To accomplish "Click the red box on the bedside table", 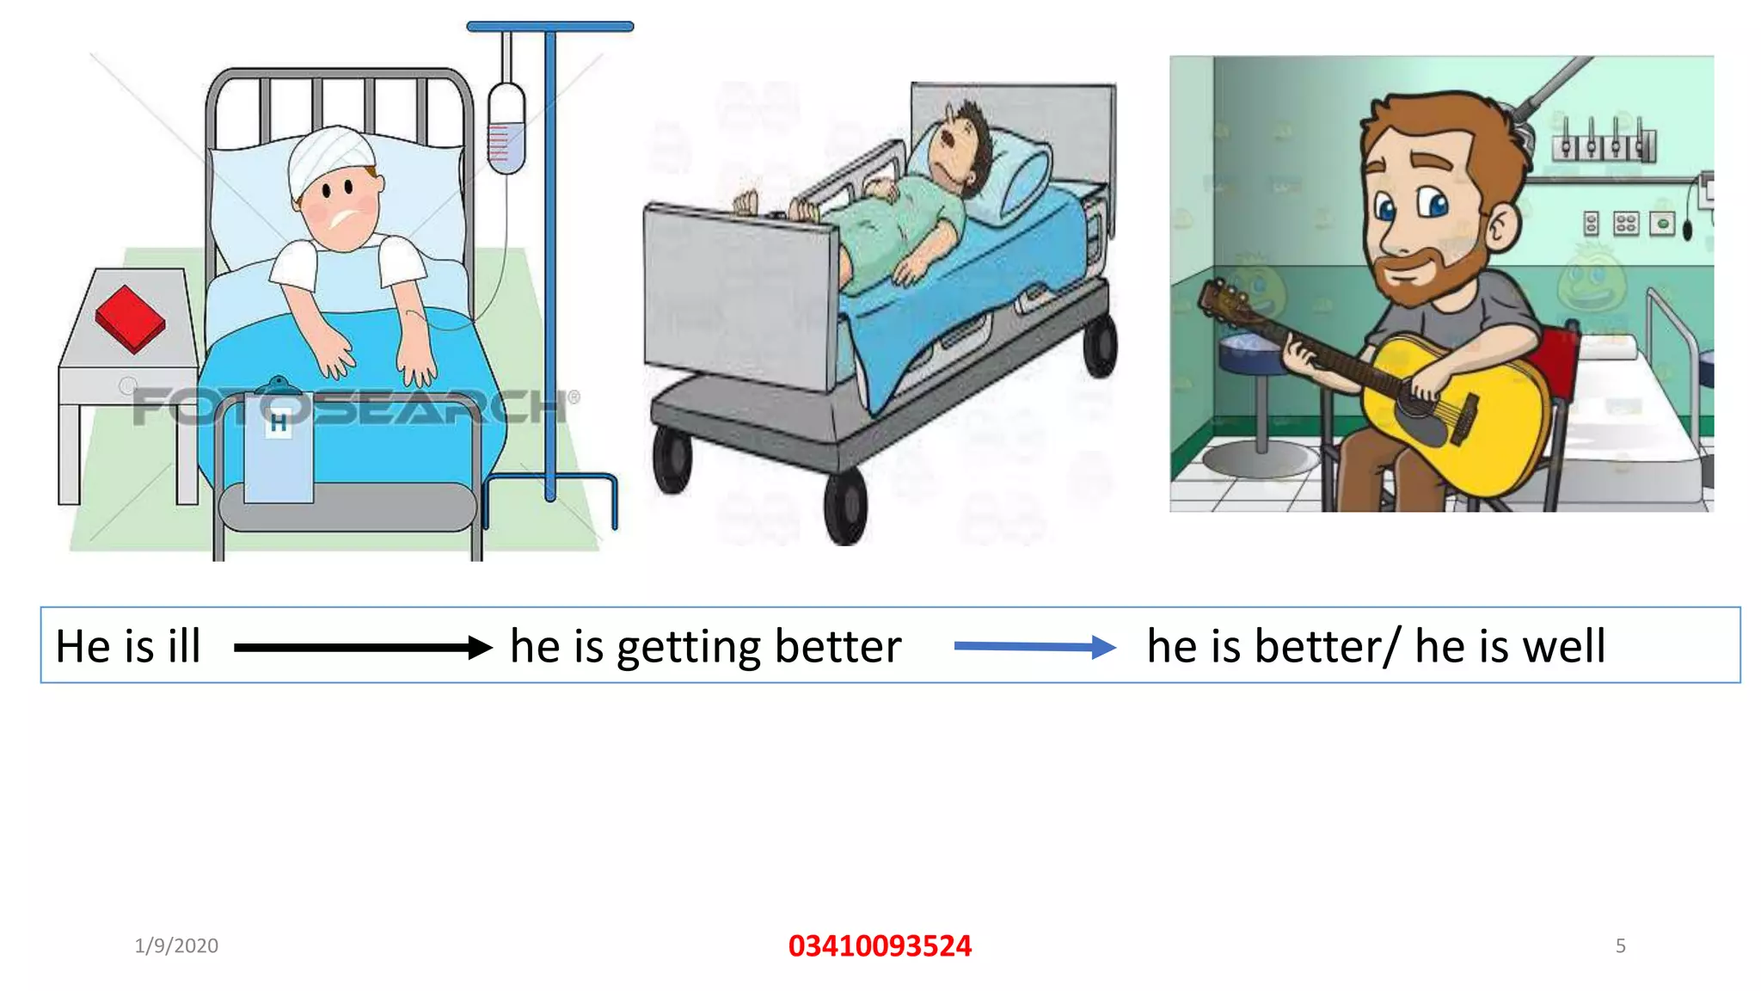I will pyautogui.click(x=130, y=318).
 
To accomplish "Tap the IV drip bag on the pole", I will pyautogui.click(x=506, y=129).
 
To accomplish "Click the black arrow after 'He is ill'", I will pyautogui.click(x=362, y=647).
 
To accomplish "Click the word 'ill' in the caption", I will pyautogui.click(x=184, y=646).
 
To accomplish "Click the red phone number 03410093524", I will pyautogui.click(x=880, y=945).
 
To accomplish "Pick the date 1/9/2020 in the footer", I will pyautogui.click(x=176, y=945).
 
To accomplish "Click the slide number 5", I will pyautogui.click(x=1620, y=945).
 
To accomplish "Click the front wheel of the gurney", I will pyautogui.click(x=845, y=508).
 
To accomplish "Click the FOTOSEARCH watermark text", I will pyautogui.click(x=353, y=407).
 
